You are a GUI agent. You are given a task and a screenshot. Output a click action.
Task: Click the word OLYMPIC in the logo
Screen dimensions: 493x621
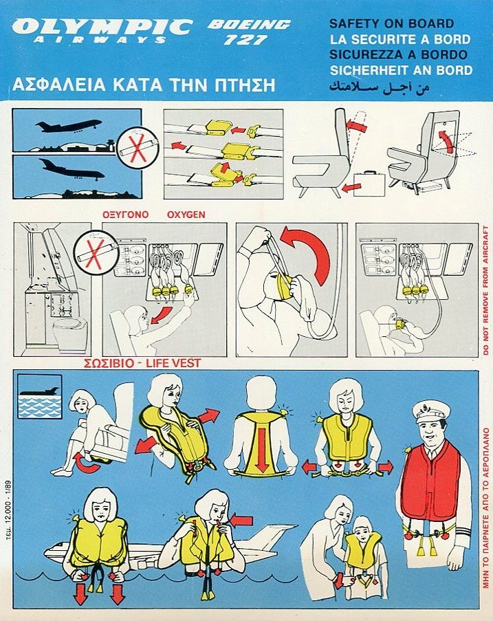pyautogui.click(x=102, y=27)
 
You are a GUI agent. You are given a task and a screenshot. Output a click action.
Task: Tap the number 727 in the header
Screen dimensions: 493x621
pyautogui.click(x=245, y=40)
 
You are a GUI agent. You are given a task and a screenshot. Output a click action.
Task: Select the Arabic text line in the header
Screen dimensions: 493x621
pyautogui.click(x=379, y=87)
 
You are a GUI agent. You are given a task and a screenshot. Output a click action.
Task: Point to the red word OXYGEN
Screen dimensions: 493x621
pyautogui.click(x=186, y=215)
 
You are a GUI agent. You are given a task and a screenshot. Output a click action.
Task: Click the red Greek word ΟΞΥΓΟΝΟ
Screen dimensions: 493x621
pyautogui.click(x=126, y=215)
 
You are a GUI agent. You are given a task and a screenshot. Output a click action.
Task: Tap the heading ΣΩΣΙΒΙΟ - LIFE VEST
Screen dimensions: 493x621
pyautogui.click(x=142, y=363)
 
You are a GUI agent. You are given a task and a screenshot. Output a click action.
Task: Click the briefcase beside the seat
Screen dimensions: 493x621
pyautogui.click(x=369, y=183)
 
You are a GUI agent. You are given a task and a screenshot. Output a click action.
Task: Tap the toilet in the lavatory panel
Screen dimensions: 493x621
pyautogui.click(x=70, y=335)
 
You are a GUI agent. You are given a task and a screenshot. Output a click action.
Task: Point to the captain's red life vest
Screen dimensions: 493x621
pyautogui.click(x=430, y=481)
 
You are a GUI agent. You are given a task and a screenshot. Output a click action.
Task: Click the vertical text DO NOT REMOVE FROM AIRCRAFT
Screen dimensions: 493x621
pyautogui.click(x=485, y=290)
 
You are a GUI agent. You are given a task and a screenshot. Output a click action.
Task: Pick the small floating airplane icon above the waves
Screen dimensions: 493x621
pyautogui.click(x=40, y=391)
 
